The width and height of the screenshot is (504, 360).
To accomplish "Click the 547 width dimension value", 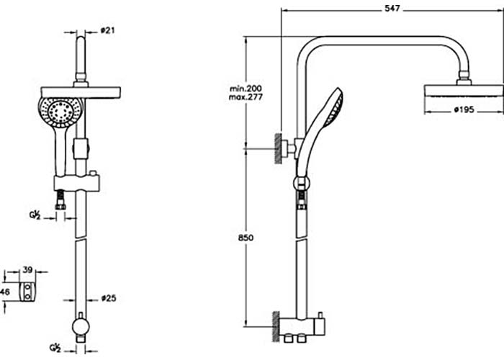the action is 392,9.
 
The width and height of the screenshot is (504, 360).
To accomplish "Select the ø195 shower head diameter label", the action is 464,110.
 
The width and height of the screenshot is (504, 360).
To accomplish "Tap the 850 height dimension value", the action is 246,238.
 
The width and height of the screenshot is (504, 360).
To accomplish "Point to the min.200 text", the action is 246,89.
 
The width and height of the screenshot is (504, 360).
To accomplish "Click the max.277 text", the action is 246,96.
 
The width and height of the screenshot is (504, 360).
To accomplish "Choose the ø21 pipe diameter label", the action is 107,30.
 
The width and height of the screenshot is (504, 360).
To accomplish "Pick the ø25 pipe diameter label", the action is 108,298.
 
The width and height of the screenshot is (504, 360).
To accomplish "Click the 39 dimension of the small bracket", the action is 27,270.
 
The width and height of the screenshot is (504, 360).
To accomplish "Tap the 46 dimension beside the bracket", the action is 5,292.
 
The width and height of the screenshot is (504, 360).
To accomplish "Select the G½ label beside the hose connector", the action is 35,215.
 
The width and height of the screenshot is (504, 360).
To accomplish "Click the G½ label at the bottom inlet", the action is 55,348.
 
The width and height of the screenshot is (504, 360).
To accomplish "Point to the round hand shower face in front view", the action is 60,113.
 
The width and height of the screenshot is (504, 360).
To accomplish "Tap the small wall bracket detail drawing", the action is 27,292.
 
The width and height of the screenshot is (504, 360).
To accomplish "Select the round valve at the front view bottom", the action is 81,327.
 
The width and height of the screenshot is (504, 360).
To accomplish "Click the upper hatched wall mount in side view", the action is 278,148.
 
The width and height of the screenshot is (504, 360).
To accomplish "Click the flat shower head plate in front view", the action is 81,93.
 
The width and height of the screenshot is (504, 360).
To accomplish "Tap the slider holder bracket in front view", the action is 77,183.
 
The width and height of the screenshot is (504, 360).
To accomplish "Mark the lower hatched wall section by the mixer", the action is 276,326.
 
